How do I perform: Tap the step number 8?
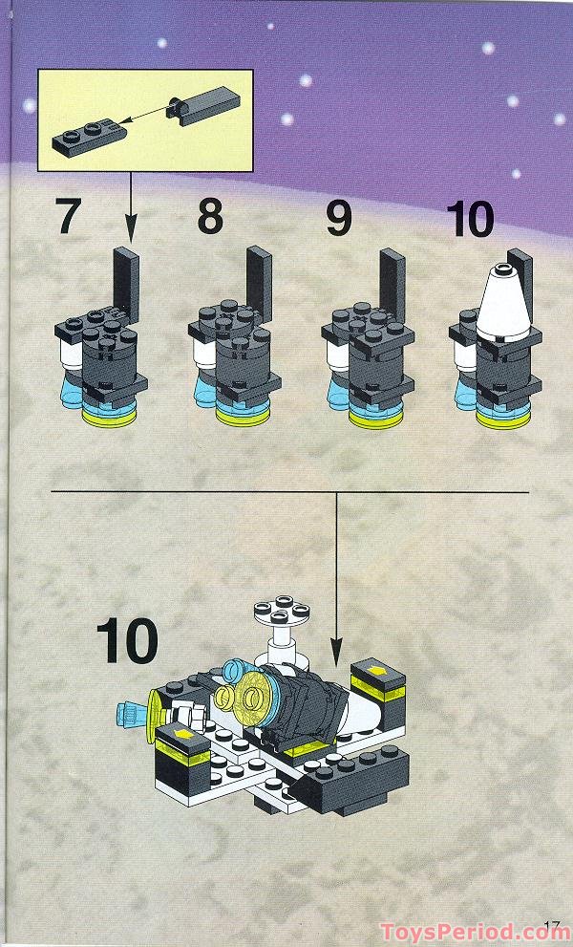pyautogui.click(x=210, y=216)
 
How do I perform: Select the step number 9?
pyautogui.click(x=338, y=216)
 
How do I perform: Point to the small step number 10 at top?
pyautogui.click(x=470, y=218)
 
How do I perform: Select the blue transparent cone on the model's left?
pyautogui.click(x=127, y=712)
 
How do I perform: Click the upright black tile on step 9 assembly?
pyautogui.click(x=392, y=283)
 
